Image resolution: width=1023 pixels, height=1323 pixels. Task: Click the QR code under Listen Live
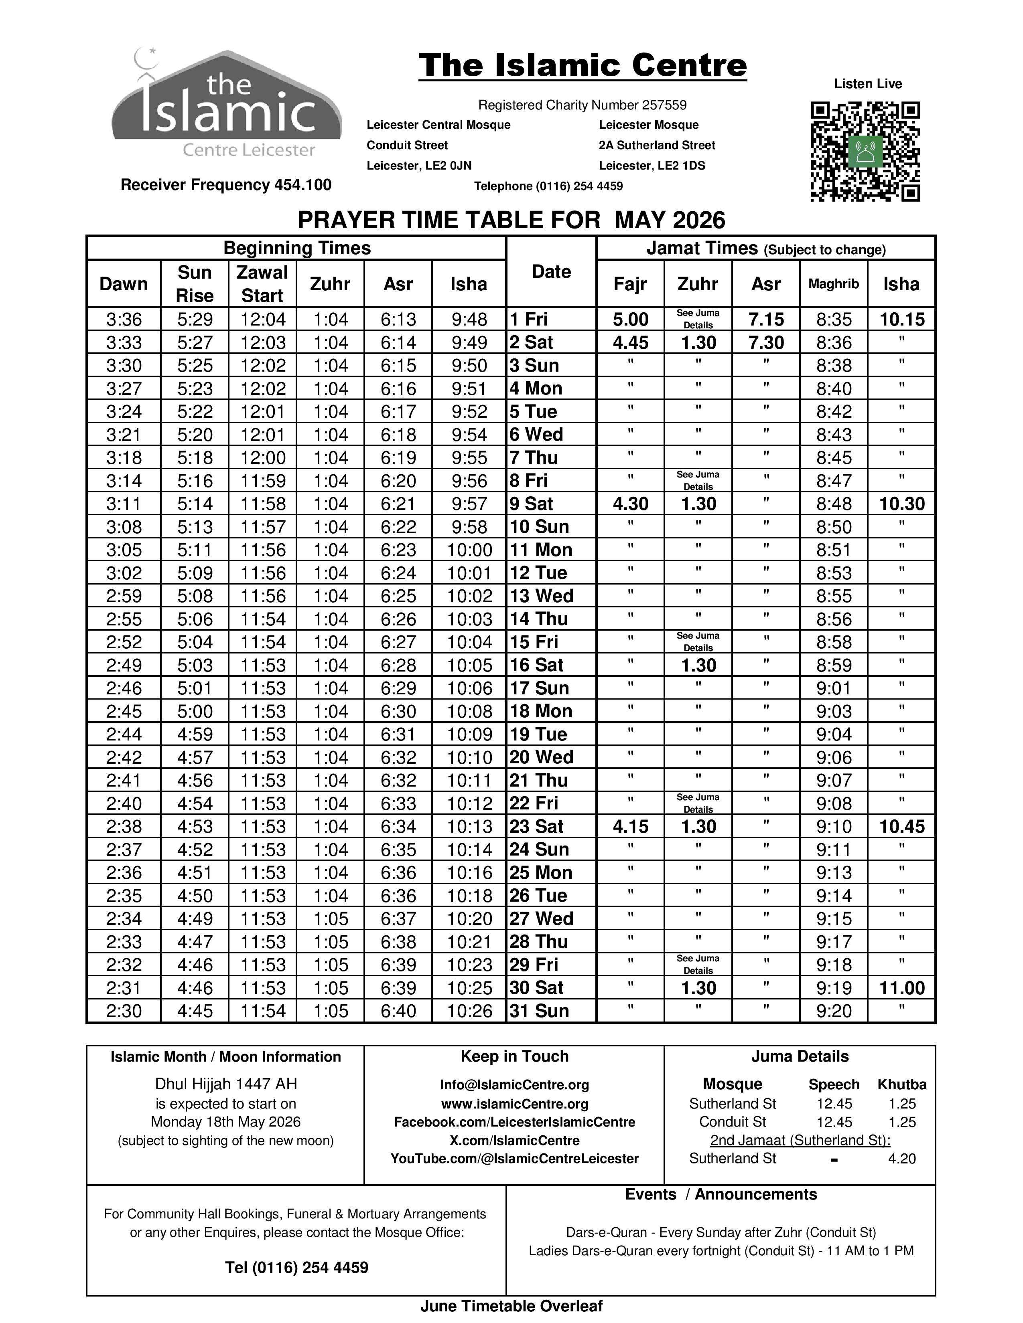pos(865,152)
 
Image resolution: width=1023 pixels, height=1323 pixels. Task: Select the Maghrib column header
pos(833,283)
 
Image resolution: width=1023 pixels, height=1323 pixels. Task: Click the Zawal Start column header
pos(262,283)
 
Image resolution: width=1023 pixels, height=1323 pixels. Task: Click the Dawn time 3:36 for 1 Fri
pos(124,319)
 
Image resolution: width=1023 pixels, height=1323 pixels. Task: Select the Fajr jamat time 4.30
pos(630,504)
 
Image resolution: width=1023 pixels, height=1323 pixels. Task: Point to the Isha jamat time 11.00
pos(901,988)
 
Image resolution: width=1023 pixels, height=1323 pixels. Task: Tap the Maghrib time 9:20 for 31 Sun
pos(833,1011)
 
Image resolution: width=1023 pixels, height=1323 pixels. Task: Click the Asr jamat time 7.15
pos(765,319)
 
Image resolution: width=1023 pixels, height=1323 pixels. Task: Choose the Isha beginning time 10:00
pos(469,550)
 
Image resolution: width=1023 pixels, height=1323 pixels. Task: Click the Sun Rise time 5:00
pos(195,711)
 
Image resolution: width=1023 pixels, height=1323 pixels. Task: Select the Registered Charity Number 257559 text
pos(582,105)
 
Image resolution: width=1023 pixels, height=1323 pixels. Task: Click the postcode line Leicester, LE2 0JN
pos(419,165)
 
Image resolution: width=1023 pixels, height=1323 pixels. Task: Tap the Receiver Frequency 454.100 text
pos(225,185)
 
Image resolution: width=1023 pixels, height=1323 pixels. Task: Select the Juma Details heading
pos(800,1056)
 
